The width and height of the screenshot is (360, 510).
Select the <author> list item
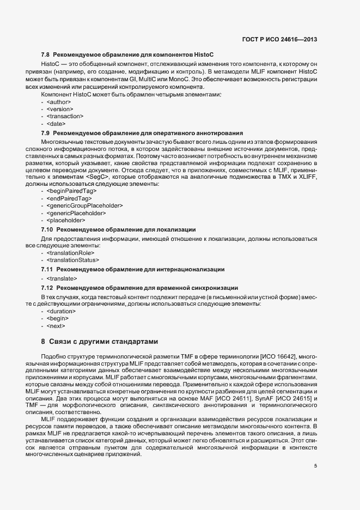pyautogui.click(x=59, y=102)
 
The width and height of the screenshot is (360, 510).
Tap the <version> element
pyautogui.click(x=60, y=109)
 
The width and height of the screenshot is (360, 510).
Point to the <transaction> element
pyautogui.click(x=65, y=116)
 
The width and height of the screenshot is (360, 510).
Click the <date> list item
pyautogui.click(x=56, y=124)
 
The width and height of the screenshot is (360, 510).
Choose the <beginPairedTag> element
pyautogui.click(x=72, y=191)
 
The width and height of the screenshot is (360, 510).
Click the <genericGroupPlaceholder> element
pyautogui.click(x=84, y=205)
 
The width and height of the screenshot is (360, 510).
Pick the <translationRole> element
pyautogui.click(x=71, y=252)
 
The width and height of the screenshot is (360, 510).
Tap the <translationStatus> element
pyautogui.click(x=73, y=260)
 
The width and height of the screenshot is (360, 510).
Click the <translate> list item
pyautogui.click(x=62, y=278)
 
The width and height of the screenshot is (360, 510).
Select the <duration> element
pyautogui.click(x=62, y=311)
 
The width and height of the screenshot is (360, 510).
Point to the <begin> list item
pyautogui.click(x=58, y=318)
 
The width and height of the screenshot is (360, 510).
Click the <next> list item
pyautogui.click(x=56, y=325)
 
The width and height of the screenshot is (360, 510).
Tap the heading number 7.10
pyautogui.click(x=47, y=229)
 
